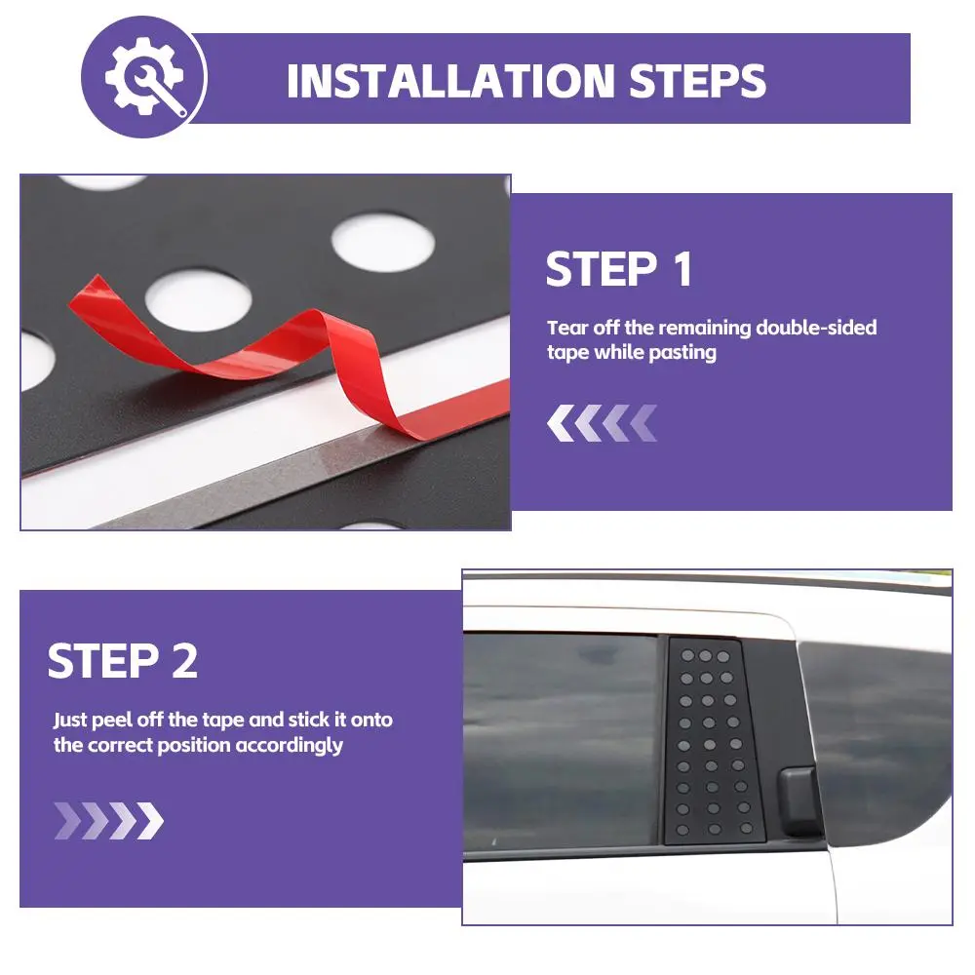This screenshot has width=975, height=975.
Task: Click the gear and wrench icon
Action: [145, 76]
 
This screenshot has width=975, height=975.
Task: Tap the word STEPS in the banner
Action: [698, 81]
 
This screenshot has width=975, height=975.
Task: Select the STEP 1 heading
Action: [619, 269]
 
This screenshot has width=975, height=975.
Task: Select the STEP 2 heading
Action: [123, 660]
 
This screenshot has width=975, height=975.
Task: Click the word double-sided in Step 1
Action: [816, 327]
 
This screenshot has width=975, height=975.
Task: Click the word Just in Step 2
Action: [69, 720]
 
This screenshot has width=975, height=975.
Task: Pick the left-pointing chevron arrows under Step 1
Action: [602, 423]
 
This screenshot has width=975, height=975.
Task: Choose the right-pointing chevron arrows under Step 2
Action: [109, 821]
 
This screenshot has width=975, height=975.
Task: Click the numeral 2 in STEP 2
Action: [184, 660]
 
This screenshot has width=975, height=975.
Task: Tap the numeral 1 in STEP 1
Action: [682, 269]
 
